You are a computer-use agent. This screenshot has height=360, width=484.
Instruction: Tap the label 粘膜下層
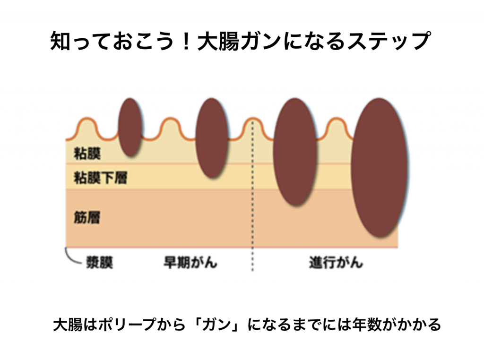(100, 178)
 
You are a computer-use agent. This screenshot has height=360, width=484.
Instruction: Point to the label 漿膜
(99, 263)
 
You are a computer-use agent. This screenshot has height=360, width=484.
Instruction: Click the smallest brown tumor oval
(130, 128)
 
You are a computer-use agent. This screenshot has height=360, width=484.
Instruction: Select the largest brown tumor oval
(379, 168)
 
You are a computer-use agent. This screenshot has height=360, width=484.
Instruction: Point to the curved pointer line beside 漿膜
(70, 256)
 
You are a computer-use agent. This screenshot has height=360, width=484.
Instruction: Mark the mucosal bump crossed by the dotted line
(252, 127)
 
